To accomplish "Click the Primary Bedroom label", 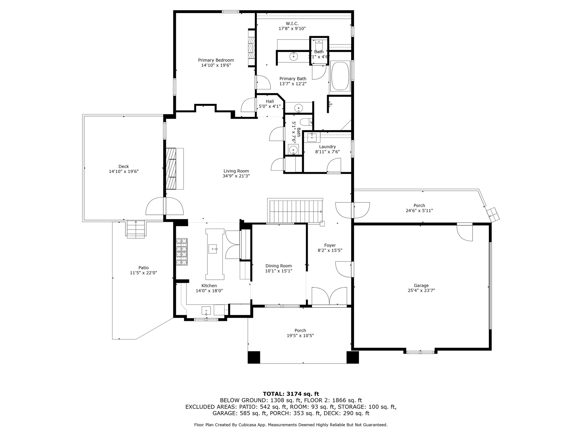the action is (x=216, y=60).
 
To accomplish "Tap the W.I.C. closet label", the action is (x=292, y=23).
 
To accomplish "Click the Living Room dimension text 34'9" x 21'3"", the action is (x=236, y=176).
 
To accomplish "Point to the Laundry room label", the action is (x=327, y=147).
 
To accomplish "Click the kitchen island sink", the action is (x=213, y=248).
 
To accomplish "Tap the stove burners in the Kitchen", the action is (x=182, y=252).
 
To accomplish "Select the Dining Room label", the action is (x=278, y=266).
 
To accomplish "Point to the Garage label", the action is (x=421, y=285).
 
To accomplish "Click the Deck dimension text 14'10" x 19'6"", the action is (x=124, y=171).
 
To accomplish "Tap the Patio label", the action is (x=144, y=267).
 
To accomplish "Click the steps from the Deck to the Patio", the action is (x=136, y=229).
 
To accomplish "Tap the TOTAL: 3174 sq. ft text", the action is (x=291, y=394).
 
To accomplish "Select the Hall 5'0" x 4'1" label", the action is (x=270, y=104).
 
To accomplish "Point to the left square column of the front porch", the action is (x=254, y=357).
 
